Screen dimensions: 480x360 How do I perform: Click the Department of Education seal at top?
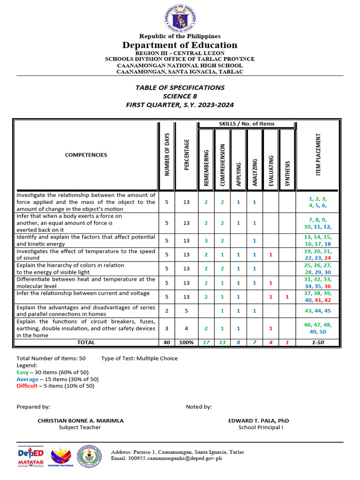(x=180, y=17)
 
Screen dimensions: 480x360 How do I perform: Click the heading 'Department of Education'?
(x=180, y=45)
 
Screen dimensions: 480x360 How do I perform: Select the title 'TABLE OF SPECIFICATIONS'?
(x=180, y=88)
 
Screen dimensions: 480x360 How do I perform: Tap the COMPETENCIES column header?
(x=86, y=155)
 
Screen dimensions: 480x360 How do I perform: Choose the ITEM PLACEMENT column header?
(x=319, y=155)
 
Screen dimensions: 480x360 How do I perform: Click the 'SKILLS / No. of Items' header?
(x=247, y=124)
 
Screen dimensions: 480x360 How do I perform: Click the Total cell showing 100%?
(x=187, y=343)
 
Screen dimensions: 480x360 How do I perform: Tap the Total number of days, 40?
(x=166, y=343)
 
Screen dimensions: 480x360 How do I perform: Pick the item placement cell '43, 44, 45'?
(x=318, y=311)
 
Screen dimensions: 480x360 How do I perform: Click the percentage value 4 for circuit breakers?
(x=187, y=328)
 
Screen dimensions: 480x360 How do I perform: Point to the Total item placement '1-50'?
(x=318, y=343)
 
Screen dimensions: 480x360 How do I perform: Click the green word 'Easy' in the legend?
(x=22, y=372)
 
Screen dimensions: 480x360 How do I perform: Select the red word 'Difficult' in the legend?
(x=27, y=386)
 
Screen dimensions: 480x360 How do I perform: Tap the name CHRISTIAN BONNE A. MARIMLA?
(x=81, y=420)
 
